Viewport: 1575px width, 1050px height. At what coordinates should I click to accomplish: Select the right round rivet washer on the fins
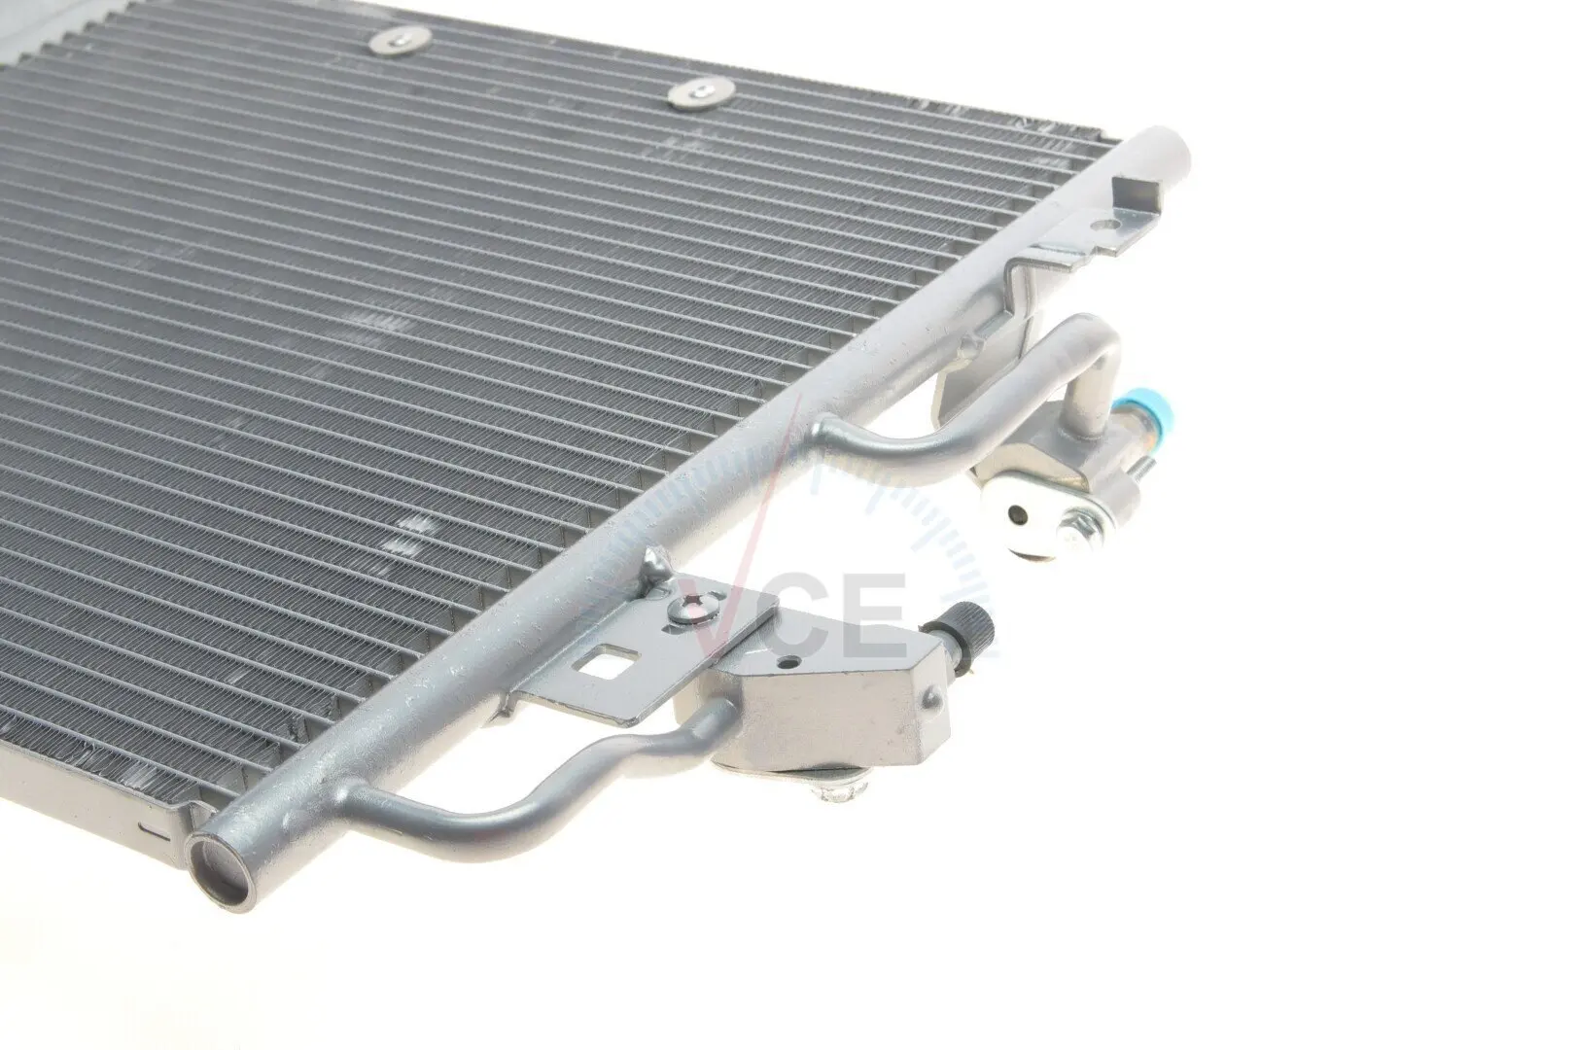pyautogui.click(x=701, y=92)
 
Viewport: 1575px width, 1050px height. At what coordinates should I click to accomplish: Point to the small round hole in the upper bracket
pyautogui.click(x=1109, y=227)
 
